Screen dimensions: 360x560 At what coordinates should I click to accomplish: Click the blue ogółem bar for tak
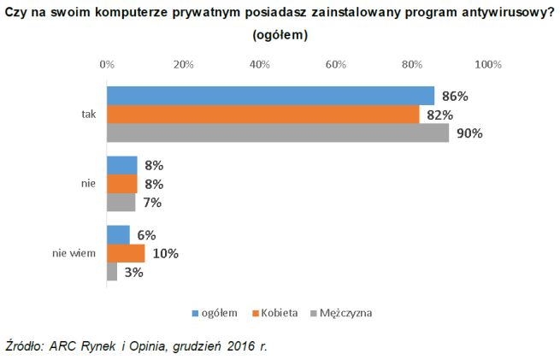pyautogui.click(x=269, y=96)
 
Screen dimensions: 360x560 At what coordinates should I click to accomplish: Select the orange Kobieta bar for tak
pyautogui.click(x=262, y=115)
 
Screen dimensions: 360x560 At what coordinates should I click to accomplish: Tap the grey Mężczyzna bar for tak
pyautogui.click(x=277, y=133)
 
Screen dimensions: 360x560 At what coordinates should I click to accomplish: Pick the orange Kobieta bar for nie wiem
pyautogui.click(x=125, y=253)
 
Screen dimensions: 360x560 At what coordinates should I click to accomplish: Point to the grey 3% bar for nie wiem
pyautogui.click(x=111, y=271)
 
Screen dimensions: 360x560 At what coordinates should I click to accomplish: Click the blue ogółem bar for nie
pyautogui.click(x=121, y=165)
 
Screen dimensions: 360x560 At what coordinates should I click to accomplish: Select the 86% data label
pyautogui.click(x=453, y=96)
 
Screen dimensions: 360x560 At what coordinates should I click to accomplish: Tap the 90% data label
pyautogui.click(x=469, y=133)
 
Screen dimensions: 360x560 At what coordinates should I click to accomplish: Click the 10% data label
pyautogui.click(x=165, y=253)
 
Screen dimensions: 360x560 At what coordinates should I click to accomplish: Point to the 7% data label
pyautogui.click(x=154, y=203)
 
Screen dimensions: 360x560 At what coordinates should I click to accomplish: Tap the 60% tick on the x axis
pyautogui.click(x=335, y=64)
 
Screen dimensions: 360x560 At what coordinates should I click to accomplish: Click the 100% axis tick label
pyautogui.click(x=487, y=64)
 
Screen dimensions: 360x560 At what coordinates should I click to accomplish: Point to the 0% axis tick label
pyautogui.click(x=107, y=64)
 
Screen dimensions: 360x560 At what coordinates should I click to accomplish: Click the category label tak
pyautogui.click(x=88, y=115)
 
